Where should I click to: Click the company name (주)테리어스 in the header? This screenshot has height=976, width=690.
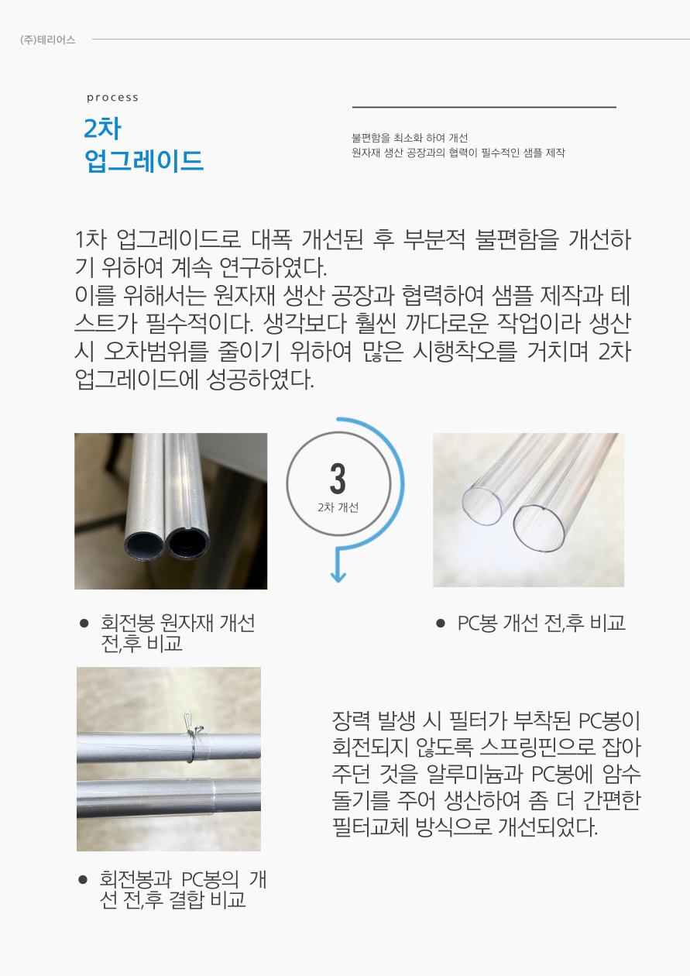pyautogui.click(x=47, y=40)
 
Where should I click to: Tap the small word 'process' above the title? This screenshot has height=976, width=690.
pyautogui.click(x=112, y=98)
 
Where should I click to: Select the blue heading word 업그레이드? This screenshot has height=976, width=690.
pyautogui.click(x=144, y=160)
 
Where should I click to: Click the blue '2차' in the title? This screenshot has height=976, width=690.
pyautogui.click(x=102, y=128)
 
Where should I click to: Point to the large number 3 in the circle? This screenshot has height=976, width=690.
pyautogui.click(x=338, y=479)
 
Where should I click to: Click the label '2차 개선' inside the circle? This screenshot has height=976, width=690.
pyautogui.click(x=338, y=507)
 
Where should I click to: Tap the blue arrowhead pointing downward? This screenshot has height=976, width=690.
pyautogui.click(x=338, y=576)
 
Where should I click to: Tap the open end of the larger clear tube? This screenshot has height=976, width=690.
pyautogui.click(x=539, y=528)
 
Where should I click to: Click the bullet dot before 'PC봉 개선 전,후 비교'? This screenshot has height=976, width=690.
pyautogui.click(x=441, y=624)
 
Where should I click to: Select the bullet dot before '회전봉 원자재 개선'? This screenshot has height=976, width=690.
pyautogui.click(x=84, y=623)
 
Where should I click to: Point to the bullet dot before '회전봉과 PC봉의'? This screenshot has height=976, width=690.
pyautogui.click(x=83, y=880)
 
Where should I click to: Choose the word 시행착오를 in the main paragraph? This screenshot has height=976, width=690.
pyautogui.click(x=465, y=351)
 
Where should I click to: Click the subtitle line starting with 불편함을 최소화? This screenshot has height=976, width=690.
pyautogui.click(x=410, y=138)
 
